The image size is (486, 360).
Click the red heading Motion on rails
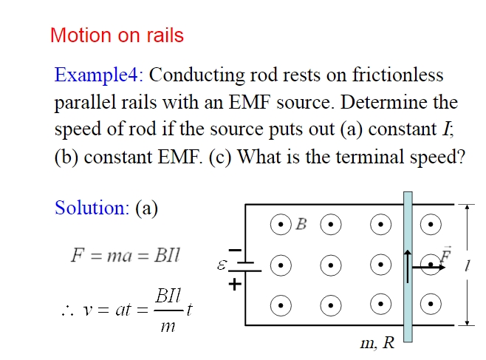tap(117, 35)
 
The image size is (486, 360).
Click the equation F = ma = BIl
tap(125, 255)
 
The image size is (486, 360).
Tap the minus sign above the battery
tap(235, 251)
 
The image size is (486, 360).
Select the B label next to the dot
tap(301, 224)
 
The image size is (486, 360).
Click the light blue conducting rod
tap(407, 310)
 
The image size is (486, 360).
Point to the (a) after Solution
tap(147, 208)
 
